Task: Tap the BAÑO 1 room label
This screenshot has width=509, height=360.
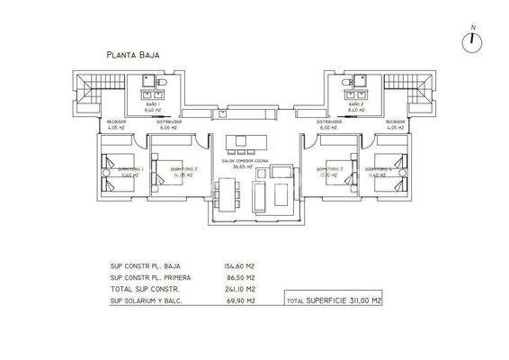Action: [153, 105]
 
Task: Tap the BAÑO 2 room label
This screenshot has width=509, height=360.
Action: [356, 105]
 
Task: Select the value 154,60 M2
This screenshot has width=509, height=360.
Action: [238, 266]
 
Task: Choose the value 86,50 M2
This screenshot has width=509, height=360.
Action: [239, 279]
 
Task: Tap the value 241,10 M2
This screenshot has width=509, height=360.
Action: [238, 291]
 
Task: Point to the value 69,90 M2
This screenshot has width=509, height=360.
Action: [239, 303]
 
